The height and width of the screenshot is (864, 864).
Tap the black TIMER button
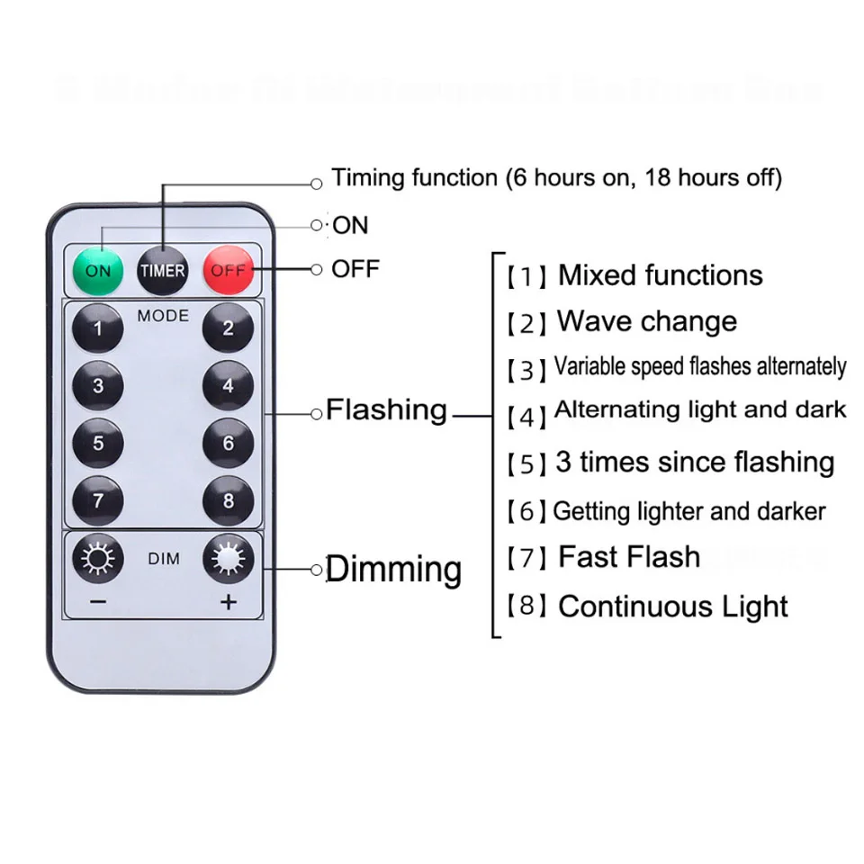162,270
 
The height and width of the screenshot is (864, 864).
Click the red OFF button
228,270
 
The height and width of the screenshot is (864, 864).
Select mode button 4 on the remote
228,385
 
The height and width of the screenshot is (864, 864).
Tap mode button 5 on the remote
98,443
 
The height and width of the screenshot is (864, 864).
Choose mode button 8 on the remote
228,500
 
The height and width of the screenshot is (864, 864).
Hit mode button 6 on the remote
228,443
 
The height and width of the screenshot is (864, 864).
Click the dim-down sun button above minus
98,560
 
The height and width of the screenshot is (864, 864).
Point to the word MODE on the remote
163,316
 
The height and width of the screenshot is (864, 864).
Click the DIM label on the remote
163,559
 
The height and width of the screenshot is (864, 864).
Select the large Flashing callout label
386,410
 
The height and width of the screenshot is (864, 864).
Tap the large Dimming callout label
393,570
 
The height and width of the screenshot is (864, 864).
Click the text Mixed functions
660,275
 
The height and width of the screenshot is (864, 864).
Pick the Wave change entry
646,321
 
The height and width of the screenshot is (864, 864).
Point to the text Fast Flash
629,557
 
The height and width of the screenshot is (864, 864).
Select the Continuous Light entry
673,606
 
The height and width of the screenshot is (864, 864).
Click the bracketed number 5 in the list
526,464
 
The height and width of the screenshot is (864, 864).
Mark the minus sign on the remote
98,602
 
